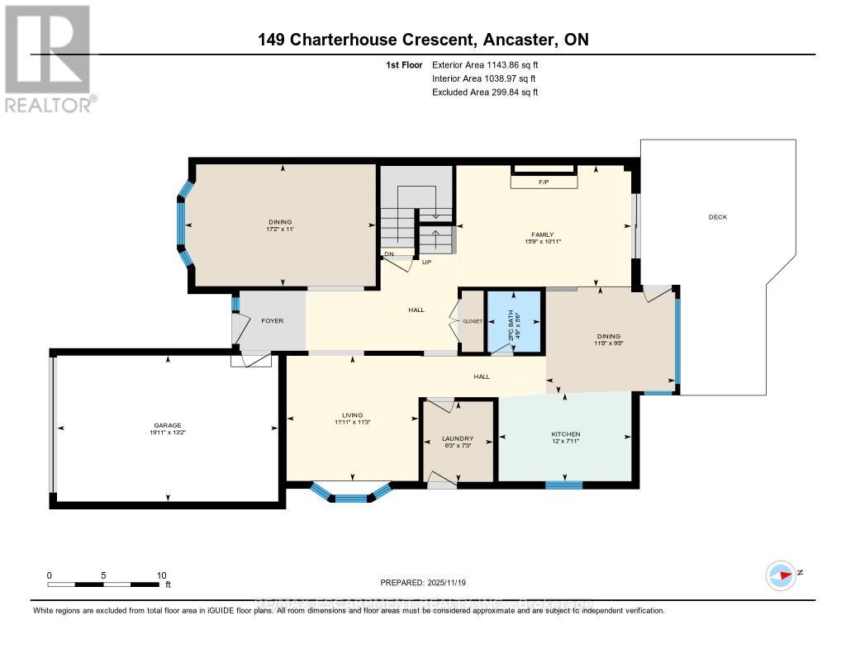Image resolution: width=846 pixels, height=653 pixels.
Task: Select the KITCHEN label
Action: (566, 434)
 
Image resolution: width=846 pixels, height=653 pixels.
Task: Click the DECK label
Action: (717, 217)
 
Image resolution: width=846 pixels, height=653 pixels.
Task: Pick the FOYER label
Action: (272, 320)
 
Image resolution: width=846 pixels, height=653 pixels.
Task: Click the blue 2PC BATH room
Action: (513, 321)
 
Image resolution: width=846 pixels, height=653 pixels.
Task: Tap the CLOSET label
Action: (472, 321)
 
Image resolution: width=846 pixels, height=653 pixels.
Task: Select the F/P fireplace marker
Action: (544, 182)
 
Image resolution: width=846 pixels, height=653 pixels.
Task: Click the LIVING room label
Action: (353, 415)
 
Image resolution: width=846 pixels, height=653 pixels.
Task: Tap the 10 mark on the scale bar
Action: (161, 575)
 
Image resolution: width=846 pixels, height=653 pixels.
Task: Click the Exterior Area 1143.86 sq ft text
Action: (485, 64)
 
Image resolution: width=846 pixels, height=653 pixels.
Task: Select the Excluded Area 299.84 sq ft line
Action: (485, 92)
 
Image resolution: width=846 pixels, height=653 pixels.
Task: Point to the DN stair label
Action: (388, 254)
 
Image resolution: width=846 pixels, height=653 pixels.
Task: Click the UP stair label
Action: (427, 263)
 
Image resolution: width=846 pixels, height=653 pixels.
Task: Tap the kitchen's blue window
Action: (558, 485)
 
